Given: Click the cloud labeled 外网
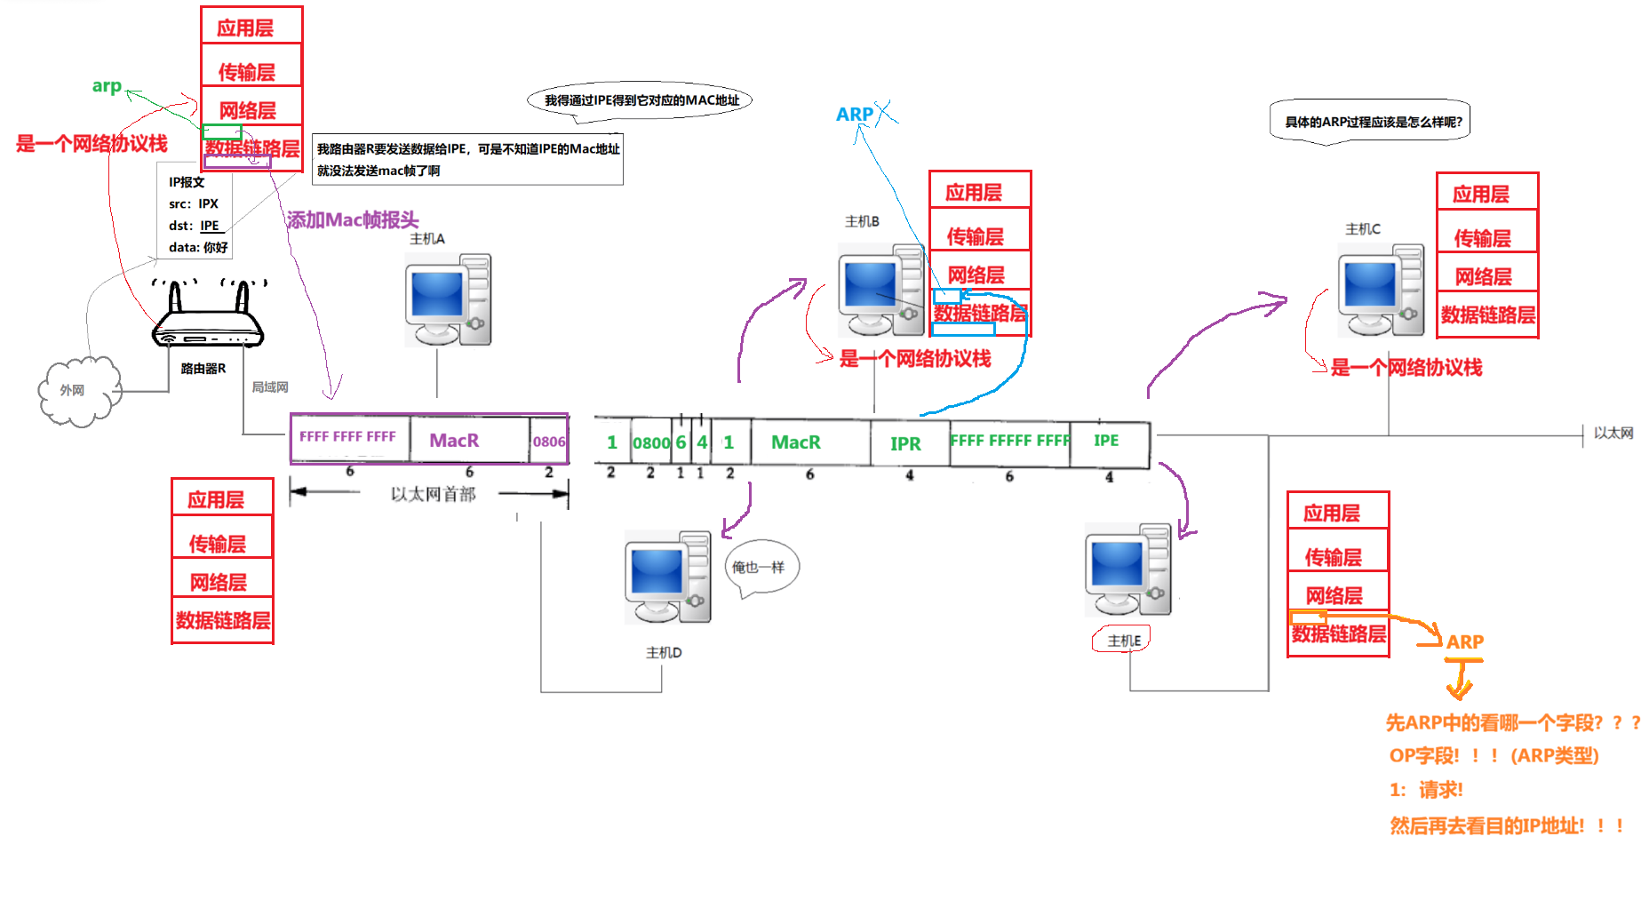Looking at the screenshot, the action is [x=78, y=391].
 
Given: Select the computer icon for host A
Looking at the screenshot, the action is [x=449, y=300].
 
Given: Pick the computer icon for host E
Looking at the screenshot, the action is [x=1128, y=570].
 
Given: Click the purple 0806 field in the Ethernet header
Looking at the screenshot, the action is [x=549, y=441].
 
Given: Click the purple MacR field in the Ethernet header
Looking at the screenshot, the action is [x=454, y=441].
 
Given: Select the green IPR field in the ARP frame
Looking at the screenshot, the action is [x=905, y=443].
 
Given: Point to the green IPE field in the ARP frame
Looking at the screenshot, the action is [x=1106, y=441].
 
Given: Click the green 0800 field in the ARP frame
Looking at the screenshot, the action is [x=651, y=442].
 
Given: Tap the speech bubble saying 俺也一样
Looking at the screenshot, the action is [x=761, y=567].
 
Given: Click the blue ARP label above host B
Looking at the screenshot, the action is [x=855, y=115].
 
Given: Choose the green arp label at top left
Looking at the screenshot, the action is [x=107, y=86].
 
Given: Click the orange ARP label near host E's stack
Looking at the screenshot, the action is [x=1465, y=641].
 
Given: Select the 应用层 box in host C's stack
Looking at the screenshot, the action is [x=1487, y=192].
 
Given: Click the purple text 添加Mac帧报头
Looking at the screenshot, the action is [x=353, y=219].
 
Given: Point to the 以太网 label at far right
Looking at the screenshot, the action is [x=1613, y=433].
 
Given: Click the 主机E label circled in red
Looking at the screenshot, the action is [x=1123, y=640].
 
